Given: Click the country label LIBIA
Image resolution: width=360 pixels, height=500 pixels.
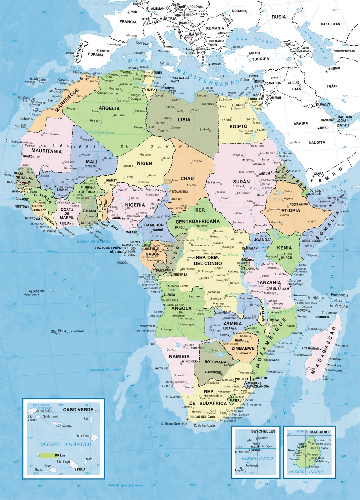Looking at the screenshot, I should click(184, 120).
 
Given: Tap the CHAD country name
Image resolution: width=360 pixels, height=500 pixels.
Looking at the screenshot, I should click(187, 178).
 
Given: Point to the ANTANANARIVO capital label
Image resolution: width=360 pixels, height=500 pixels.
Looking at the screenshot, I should click(312, 348).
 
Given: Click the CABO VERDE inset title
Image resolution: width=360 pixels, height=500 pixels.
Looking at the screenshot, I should click(78, 409).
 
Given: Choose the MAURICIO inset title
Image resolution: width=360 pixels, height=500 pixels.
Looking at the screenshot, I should click(319, 432).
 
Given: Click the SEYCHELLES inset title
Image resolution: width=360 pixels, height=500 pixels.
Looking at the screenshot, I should click(263, 431).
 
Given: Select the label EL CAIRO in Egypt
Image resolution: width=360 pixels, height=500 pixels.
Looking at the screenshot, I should click(238, 105).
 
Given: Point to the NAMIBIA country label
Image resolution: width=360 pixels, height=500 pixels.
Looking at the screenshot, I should click(179, 356).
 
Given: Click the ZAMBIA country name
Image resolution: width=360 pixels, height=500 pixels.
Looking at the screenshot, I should click(232, 323).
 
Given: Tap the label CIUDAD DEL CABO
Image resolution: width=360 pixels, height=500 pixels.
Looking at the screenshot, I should click(202, 417).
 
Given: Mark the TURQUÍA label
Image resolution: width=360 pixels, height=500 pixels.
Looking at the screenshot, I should click(261, 59).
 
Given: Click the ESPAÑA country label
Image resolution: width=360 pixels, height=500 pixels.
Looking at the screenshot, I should click(96, 54).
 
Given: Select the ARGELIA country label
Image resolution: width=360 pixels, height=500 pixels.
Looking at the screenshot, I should click(109, 108).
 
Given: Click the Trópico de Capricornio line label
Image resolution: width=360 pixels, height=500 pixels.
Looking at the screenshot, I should click(105, 370).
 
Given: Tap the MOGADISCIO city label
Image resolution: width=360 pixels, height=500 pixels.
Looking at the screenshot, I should click(311, 241).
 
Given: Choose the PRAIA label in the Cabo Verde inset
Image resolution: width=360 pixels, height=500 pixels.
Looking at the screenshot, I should click(81, 469).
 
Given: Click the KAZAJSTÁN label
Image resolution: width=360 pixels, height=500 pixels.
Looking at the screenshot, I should click(330, 24).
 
